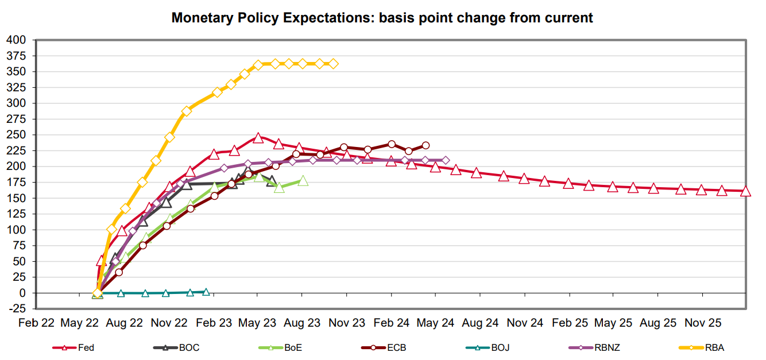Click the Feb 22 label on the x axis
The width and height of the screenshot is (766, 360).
click(36, 323)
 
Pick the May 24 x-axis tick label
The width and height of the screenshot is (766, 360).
click(435, 323)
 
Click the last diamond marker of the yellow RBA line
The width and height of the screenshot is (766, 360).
click(333, 64)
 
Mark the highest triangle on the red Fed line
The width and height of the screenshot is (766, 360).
click(258, 138)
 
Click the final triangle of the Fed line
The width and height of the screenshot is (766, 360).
click(745, 191)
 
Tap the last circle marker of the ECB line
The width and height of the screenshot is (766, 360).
click(425, 145)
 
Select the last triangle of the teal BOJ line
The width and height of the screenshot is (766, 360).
click(206, 292)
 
